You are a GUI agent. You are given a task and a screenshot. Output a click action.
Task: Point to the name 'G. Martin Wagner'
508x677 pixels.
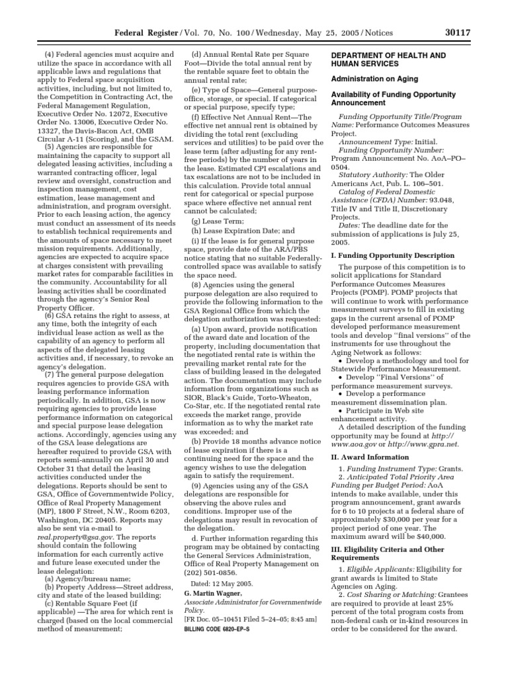(x=211, y=594)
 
